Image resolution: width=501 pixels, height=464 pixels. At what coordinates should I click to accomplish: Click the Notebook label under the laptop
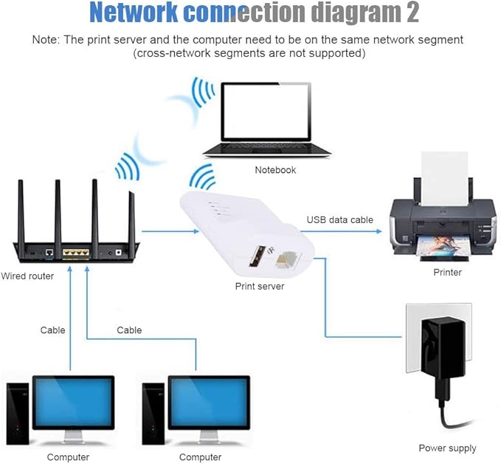pos(275,170)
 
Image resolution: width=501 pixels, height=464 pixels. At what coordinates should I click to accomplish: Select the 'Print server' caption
pos(260,285)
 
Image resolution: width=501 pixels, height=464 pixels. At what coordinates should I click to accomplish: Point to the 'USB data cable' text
pos(340,219)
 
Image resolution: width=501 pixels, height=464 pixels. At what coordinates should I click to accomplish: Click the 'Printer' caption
pos(447,272)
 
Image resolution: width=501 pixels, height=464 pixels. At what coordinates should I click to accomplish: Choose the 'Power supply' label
pos(447,448)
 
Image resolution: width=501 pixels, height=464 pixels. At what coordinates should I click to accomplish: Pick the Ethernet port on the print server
pos(283,261)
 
